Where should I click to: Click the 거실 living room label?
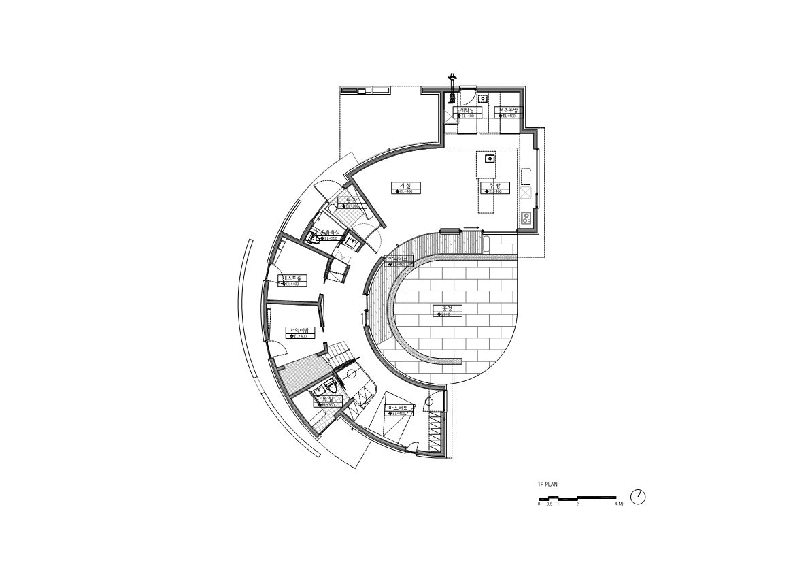tap(406, 185)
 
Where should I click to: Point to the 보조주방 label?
tap(508, 110)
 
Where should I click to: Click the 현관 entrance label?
tap(352, 200)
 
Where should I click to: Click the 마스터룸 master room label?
tap(397, 408)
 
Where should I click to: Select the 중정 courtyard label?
tap(448, 308)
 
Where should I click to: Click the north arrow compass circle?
tap(638, 497)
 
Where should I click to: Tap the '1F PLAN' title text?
tap(548, 484)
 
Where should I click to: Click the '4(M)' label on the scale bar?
tap(619, 504)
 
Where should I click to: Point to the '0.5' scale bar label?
tap(549, 504)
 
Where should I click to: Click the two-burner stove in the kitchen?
tap(526, 218)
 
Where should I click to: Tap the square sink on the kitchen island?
tap(489, 159)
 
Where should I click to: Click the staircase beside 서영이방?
tap(340, 353)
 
